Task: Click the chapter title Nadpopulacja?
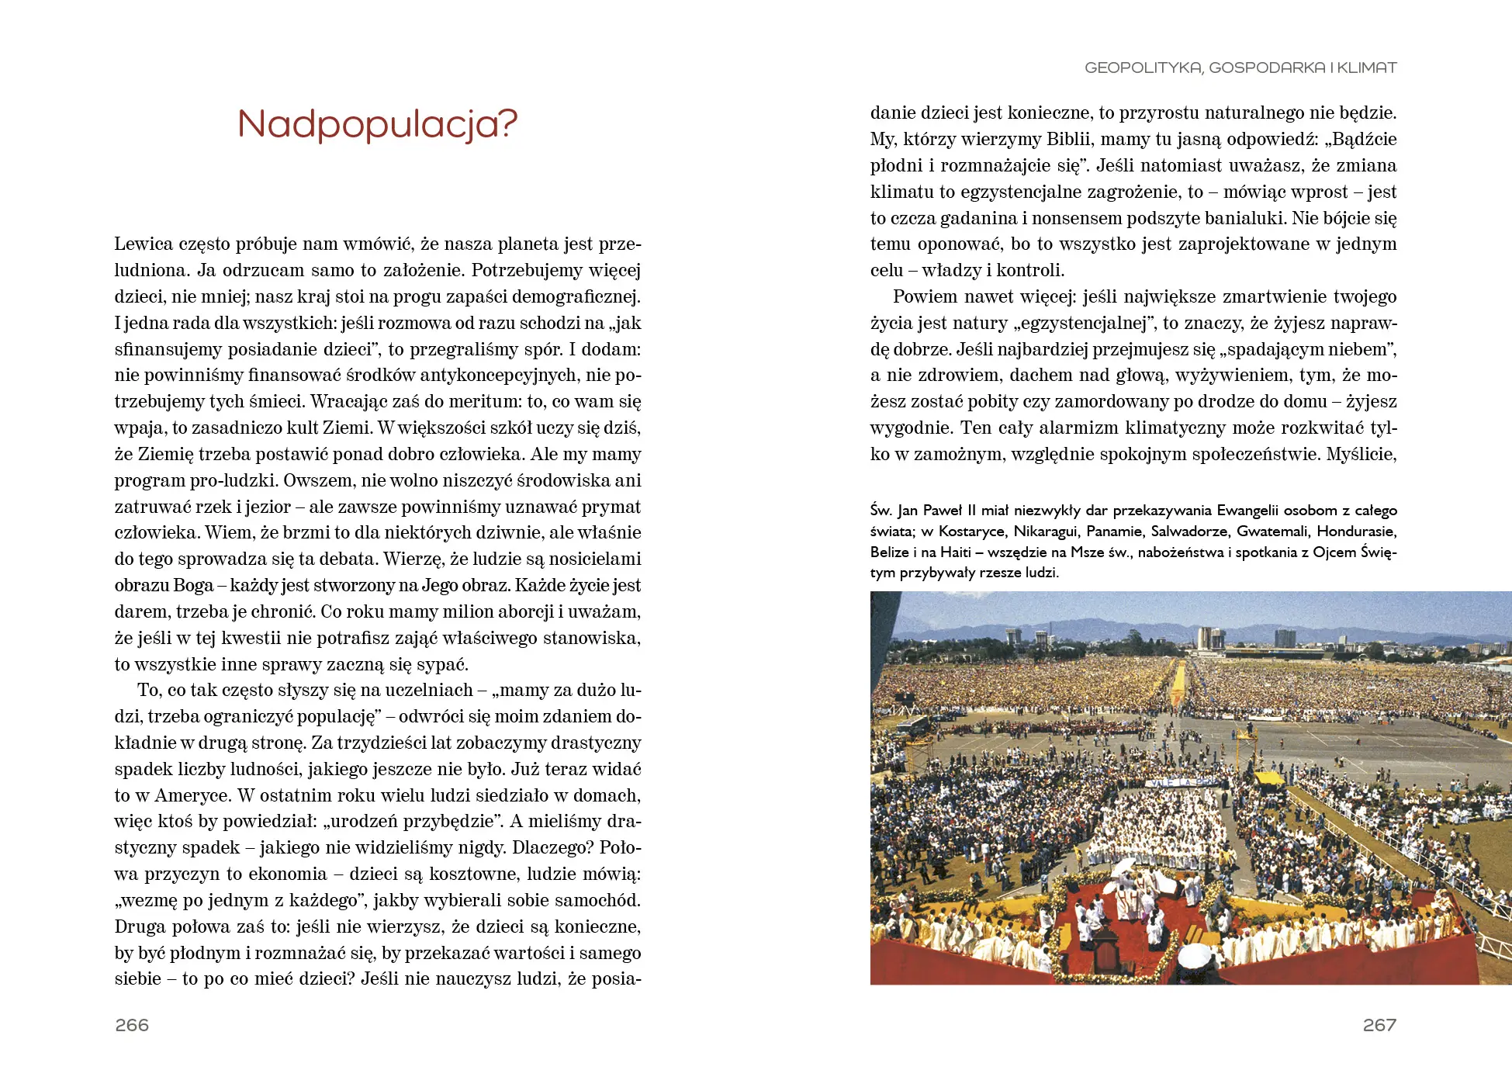(377, 124)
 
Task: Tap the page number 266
(132, 1025)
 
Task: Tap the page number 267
(1379, 1025)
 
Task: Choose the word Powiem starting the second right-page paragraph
(926, 297)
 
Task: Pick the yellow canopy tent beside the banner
(1269, 777)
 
